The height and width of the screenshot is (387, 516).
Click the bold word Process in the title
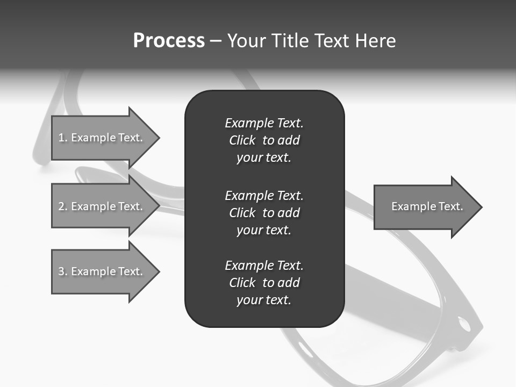click(x=169, y=41)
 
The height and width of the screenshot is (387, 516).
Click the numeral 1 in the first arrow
click(x=61, y=138)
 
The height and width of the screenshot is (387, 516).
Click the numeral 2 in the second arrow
click(x=61, y=206)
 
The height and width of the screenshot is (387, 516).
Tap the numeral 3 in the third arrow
click(x=61, y=271)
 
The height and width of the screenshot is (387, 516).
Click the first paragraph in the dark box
click(x=264, y=140)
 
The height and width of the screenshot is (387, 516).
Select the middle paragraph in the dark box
click(x=264, y=213)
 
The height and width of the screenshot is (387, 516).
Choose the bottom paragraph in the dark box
click(x=264, y=283)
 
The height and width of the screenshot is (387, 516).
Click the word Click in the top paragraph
click(x=242, y=141)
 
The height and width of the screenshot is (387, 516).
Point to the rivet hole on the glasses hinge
click(x=463, y=324)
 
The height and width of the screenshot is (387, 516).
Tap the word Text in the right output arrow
click(x=451, y=206)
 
